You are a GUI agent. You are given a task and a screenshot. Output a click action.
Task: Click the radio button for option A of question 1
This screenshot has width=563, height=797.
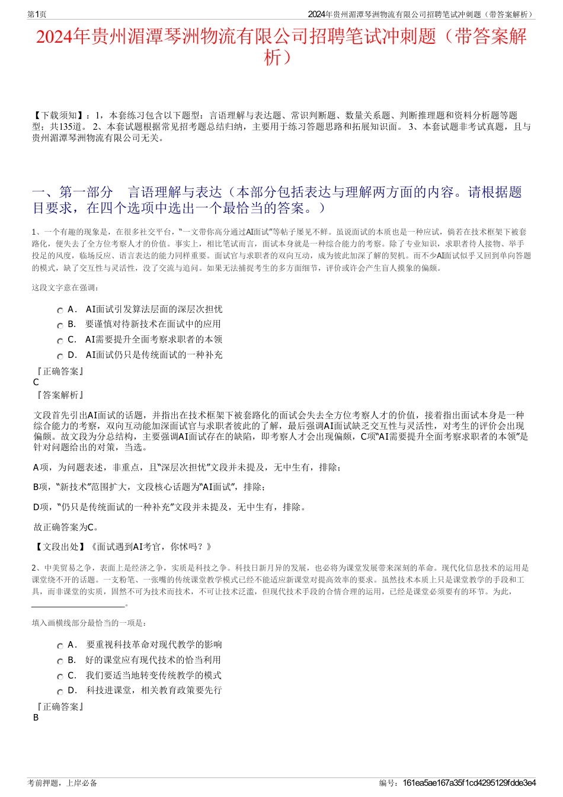[x=60, y=311]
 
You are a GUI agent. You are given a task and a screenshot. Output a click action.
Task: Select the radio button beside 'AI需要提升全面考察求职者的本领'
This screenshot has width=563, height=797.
[x=60, y=341]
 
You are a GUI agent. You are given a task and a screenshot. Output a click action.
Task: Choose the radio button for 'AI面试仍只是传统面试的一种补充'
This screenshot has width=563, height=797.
[x=60, y=356]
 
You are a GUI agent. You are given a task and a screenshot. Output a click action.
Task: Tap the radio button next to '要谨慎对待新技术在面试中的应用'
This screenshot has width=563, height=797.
[x=60, y=325]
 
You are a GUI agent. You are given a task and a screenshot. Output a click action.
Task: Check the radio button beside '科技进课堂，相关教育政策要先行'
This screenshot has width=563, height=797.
[x=60, y=692]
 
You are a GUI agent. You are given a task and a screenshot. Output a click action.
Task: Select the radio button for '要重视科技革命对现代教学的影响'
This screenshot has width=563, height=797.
[x=60, y=646]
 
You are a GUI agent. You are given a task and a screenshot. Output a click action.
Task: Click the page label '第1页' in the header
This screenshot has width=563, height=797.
[x=37, y=14]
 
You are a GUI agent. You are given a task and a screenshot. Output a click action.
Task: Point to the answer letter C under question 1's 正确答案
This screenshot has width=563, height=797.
[x=36, y=383]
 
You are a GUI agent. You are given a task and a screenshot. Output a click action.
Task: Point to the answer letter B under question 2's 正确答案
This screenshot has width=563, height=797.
[x=36, y=718]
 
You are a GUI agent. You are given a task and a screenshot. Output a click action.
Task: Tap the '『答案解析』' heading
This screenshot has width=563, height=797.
[x=59, y=395]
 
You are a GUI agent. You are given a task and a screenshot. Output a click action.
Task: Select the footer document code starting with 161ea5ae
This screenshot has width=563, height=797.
[x=469, y=783]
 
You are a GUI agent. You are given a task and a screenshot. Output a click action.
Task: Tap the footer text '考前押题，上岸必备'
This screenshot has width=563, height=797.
[x=62, y=783]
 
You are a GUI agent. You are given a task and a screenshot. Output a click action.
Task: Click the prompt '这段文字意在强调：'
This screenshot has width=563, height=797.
[x=66, y=288]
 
